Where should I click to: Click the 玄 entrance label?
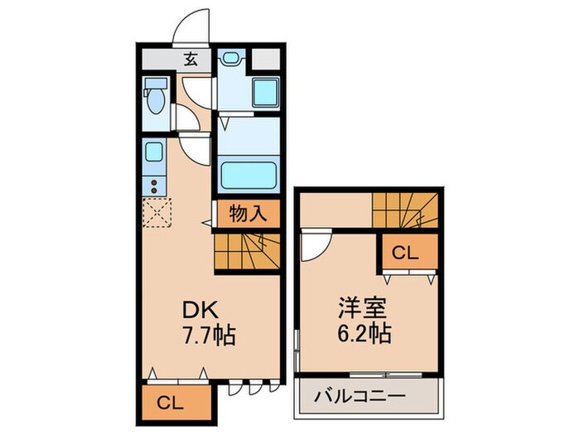coord(191,59)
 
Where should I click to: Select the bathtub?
coord(249,175)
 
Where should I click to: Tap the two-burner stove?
coord(153,185)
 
